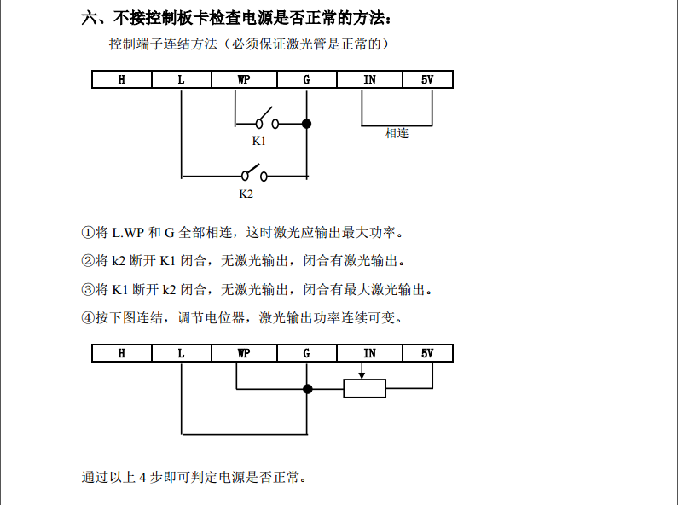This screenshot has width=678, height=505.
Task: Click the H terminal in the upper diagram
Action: [122, 79]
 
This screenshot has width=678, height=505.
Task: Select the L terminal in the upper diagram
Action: [181, 79]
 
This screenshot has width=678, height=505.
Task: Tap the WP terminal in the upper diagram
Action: [244, 79]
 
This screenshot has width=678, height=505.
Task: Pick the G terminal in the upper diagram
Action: [306, 79]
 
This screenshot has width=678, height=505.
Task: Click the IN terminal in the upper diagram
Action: [369, 79]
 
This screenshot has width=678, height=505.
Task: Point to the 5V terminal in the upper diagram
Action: [427, 79]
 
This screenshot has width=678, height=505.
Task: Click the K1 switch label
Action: [258, 141]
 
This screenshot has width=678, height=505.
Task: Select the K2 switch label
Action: [246, 194]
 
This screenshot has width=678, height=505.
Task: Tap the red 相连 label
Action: [397, 133]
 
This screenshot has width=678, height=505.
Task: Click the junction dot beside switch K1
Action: [307, 124]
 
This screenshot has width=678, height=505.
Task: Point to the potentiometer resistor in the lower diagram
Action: [364, 389]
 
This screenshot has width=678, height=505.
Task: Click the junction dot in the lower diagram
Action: [308, 389]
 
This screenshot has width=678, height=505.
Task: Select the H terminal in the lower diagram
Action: [122, 353]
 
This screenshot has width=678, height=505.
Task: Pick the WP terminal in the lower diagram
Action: [244, 353]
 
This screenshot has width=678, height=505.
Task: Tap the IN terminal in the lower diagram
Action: [369, 353]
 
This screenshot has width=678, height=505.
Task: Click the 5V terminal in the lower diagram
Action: [427, 353]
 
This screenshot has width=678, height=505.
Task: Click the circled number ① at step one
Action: [87, 232]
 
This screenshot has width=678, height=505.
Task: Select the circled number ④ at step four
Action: [87, 317]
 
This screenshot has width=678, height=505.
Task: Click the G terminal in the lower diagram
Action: [306, 353]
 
